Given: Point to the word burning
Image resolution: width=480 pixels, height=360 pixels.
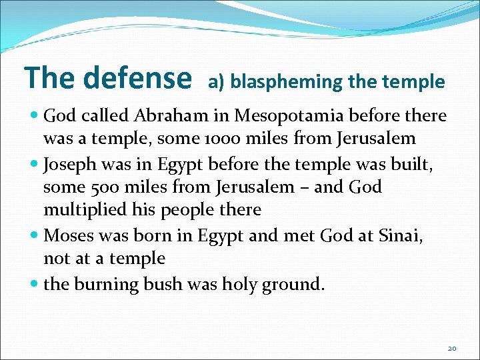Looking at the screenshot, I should [x=101, y=285].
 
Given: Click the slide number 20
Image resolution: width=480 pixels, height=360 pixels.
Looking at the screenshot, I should [x=451, y=349].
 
